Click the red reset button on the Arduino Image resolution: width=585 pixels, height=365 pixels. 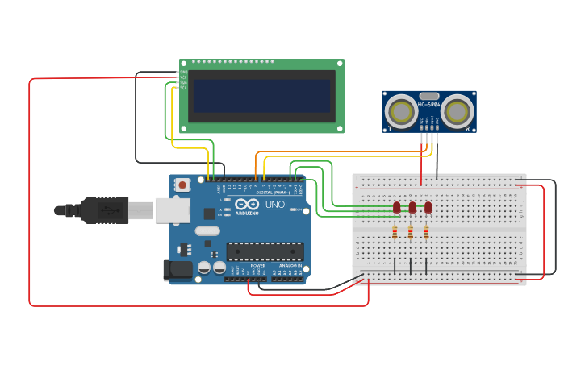(182, 185)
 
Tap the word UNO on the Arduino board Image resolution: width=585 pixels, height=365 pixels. (274, 205)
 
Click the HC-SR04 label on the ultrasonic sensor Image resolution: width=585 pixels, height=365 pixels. (429, 104)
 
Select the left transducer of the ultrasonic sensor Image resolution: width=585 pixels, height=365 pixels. (401, 110)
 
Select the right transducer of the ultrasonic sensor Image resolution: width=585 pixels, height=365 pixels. (458, 110)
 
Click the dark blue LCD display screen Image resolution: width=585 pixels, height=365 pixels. (261, 95)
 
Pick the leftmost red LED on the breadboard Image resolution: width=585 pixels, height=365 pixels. (396, 207)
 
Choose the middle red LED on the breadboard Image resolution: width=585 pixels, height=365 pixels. (412, 207)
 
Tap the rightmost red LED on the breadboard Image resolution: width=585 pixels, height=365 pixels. (428, 207)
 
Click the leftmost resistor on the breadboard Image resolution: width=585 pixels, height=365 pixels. (395, 233)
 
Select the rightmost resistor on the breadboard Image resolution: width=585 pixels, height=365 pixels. (426, 233)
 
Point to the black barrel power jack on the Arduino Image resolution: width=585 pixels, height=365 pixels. (178, 270)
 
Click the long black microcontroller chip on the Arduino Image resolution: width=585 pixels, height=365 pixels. (265, 251)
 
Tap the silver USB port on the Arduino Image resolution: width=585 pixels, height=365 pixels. (171, 210)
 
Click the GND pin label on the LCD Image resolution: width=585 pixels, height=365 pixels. (183, 72)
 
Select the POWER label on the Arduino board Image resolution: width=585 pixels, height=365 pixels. (258, 265)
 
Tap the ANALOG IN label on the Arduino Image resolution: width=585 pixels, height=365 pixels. (290, 265)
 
